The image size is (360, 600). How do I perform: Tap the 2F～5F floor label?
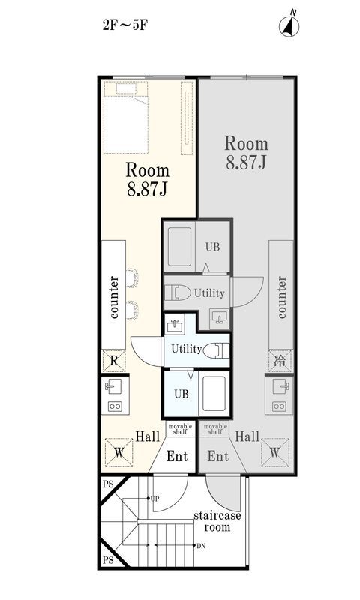tap(124, 25)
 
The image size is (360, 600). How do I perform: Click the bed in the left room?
tap(126, 117)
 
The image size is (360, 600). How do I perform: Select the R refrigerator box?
tap(113, 361)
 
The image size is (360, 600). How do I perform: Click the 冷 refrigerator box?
tap(280, 361)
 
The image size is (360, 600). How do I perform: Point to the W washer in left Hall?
tap(118, 453)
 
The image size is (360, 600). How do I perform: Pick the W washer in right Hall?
tap(274, 452)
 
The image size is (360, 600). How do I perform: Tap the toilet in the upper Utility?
tap(178, 292)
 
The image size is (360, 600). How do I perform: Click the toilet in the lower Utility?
tap(216, 350)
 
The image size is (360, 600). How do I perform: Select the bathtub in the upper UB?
tap(179, 247)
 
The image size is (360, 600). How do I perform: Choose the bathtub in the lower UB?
tap(214, 394)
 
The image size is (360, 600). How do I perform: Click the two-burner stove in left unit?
tap(115, 406)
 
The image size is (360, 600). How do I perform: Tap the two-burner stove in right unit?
tap(279, 406)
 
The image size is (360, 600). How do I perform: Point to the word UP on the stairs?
tap(154, 499)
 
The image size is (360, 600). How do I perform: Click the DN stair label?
tap(201, 546)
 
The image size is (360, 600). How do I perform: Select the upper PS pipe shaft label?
tap(108, 484)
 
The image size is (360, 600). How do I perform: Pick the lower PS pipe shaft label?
tap(108, 560)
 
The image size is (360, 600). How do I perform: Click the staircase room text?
tap(217, 521)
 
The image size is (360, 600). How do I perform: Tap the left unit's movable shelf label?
tap(180, 428)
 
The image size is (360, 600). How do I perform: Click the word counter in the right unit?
tap(281, 297)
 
